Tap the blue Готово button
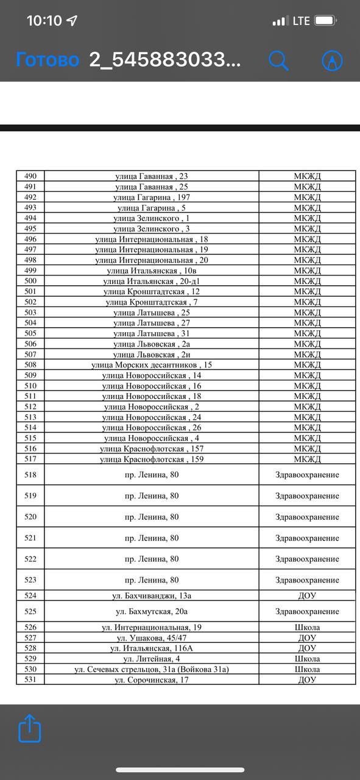[x=48, y=60]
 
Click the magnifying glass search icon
[x=278, y=60]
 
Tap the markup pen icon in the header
[x=332, y=60]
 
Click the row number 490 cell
[x=30, y=176]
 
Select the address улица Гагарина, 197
[x=152, y=197]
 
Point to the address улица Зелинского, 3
[x=152, y=229]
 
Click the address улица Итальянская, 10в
[x=152, y=271]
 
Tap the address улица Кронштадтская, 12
[x=152, y=291]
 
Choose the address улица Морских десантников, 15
[x=152, y=364]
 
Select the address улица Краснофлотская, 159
[x=152, y=459]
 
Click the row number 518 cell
[x=30, y=475]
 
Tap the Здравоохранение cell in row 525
[x=307, y=611]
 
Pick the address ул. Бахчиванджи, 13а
[x=152, y=595]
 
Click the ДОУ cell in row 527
[x=307, y=637]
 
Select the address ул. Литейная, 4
[x=152, y=659]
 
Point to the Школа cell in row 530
[x=307, y=669]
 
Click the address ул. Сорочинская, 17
[x=152, y=679]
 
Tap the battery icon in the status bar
[x=326, y=21]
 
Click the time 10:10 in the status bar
[x=44, y=21]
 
